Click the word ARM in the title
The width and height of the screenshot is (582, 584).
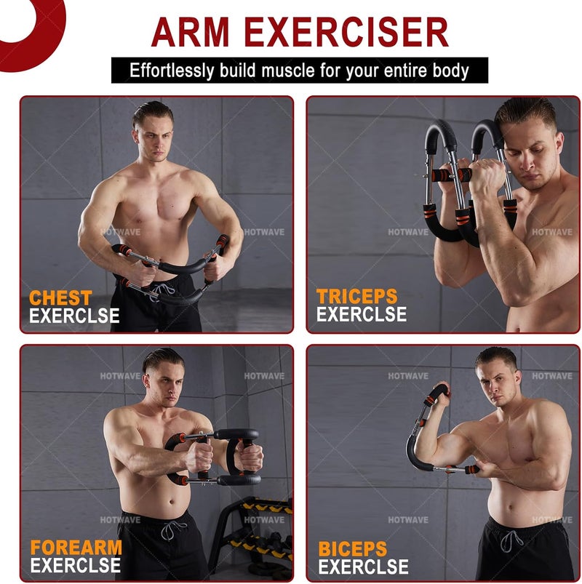191,33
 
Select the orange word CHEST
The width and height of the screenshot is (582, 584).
60,298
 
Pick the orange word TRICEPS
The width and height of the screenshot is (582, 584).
357,297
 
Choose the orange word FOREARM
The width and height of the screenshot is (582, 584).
76,548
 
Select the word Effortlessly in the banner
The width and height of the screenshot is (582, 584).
171,71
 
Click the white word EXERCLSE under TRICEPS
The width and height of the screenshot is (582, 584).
361,315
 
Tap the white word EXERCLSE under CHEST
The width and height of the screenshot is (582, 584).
74,316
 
